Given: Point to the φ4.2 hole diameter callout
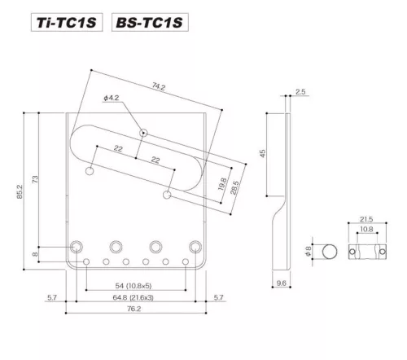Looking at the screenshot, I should [112, 98].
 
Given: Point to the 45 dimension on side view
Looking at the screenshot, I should [263, 153].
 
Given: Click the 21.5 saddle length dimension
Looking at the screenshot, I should [365, 221].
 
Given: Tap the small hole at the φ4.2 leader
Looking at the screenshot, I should [143, 132].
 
